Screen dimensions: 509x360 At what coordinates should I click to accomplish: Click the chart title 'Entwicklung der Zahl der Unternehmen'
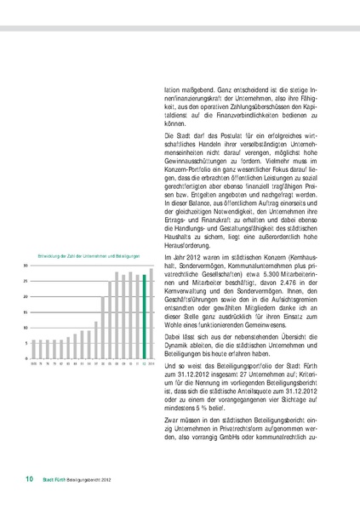85,256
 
